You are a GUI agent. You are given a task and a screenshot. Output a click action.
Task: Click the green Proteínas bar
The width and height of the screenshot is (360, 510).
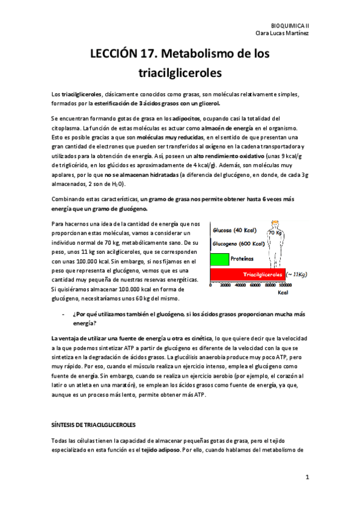tap(219, 260)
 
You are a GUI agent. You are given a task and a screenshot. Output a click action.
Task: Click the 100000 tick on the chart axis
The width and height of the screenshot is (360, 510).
tap(294, 286)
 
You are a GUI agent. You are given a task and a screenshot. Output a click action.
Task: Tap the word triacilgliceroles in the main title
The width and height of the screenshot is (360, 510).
tap(180, 73)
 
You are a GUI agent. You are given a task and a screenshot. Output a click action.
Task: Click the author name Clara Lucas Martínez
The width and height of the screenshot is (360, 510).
tap(284, 34)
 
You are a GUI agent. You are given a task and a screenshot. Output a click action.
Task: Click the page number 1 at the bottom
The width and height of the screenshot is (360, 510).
tap(307, 478)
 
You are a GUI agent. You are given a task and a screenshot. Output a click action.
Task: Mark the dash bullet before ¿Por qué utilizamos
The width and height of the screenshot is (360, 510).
tap(64, 314)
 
